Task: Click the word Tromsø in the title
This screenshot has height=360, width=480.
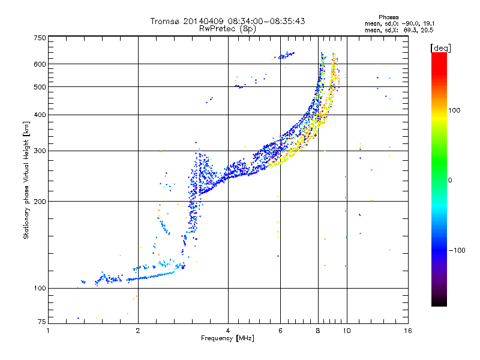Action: [166, 21]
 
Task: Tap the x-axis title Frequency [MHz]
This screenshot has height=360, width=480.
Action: [227, 339]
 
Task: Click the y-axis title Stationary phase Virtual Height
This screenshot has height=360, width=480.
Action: [26, 180]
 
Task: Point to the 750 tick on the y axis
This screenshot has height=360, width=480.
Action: [40, 38]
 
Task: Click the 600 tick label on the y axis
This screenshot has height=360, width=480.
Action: [40, 64]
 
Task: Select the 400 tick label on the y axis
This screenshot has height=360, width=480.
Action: [40, 115]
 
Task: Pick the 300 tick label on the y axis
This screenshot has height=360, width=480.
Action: [40, 151]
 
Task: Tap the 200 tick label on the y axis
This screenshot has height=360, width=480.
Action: [40, 202]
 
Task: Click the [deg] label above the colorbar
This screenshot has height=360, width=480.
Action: [441, 47]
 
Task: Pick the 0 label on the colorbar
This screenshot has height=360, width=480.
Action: [450, 180]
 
